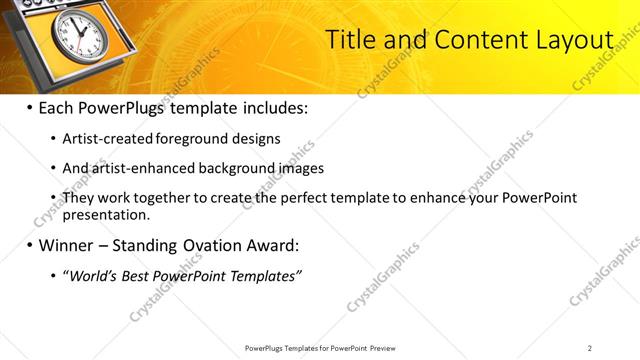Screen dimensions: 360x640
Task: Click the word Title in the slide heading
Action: click(351, 40)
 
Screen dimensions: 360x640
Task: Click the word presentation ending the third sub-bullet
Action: click(105, 214)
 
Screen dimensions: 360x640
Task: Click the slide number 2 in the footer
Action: click(589, 347)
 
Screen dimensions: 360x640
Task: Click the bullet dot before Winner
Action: click(29, 245)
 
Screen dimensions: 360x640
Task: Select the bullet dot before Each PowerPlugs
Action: click(29, 108)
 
